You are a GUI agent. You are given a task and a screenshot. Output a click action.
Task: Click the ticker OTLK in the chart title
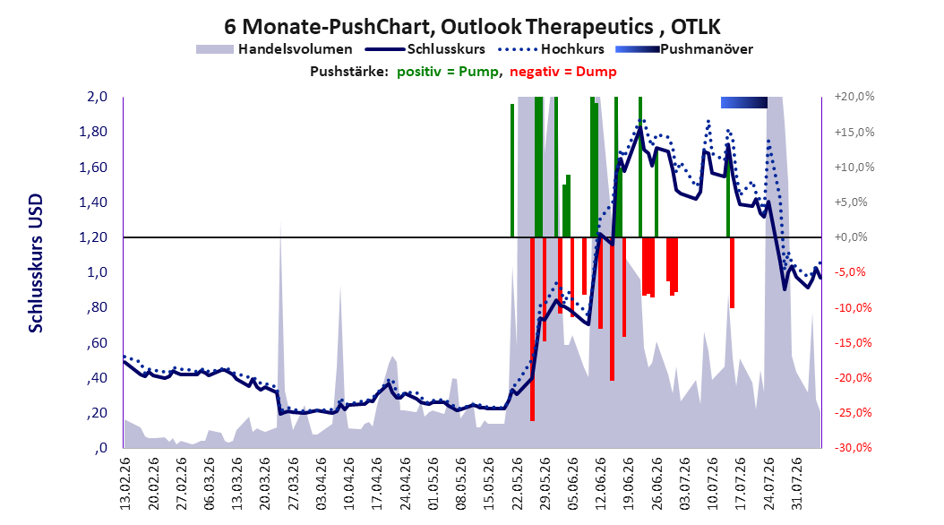point(695,27)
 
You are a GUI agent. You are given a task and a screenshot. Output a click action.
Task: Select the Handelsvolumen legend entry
point(274,49)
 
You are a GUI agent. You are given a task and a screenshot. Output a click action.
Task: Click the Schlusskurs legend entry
point(425,49)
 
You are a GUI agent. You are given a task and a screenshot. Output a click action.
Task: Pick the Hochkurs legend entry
point(552,49)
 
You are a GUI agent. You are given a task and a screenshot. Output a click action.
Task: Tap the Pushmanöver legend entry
point(684,49)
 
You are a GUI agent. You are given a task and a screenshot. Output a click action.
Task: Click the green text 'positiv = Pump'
point(448,72)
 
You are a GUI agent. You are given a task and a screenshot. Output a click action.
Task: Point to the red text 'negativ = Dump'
point(563,72)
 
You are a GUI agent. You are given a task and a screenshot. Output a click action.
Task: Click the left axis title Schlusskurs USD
point(36,263)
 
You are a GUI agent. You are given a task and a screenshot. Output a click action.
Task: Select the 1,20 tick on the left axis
point(93,237)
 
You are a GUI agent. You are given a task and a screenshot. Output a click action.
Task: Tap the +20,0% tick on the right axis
point(854,97)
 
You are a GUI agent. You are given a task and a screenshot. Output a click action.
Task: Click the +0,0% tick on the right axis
point(851,237)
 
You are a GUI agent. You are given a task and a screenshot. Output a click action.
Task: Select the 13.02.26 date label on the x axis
point(125,484)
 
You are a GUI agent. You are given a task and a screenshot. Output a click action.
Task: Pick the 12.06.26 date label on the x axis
point(601,484)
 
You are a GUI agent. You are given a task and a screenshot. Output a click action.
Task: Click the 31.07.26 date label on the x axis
point(796,484)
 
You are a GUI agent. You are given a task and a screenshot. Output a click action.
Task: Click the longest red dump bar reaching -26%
point(532,330)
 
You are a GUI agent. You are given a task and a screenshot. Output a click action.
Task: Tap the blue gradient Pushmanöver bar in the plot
point(744,102)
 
